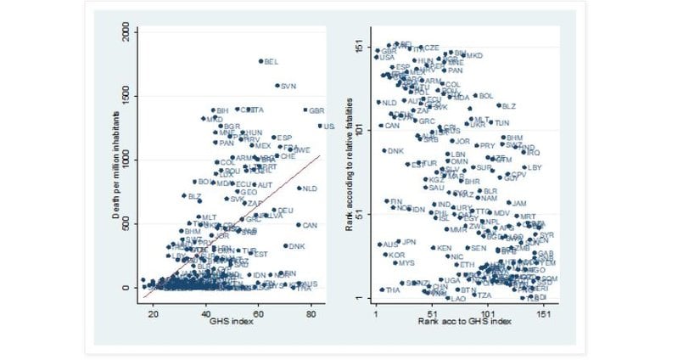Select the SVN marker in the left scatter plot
point(277,86)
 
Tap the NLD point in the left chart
point(299,188)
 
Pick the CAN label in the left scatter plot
point(310,226)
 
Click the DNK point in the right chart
point(384,151)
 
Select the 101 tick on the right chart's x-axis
point(488,312)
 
